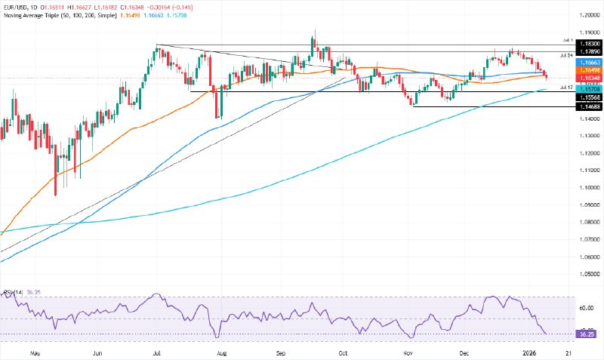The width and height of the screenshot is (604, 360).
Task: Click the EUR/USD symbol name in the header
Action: click(16, 5)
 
